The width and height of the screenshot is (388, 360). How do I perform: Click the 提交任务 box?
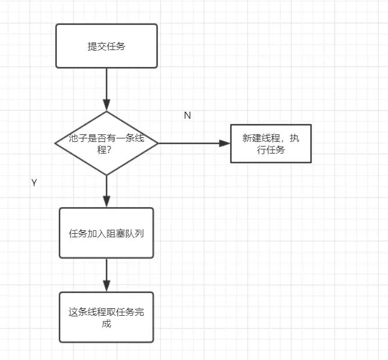pos(106,46)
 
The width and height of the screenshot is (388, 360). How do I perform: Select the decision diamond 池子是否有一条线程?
pos(106,143)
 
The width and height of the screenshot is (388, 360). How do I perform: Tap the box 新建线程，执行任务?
pos(271,144)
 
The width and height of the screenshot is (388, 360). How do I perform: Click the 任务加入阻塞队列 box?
pos(106,233)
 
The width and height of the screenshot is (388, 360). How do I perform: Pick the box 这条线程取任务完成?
pos(106,317)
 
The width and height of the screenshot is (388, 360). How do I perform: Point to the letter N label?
pos(187,115)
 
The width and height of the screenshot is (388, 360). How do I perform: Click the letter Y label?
pos(34,183)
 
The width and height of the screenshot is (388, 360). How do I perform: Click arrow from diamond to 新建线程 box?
pos(192,143)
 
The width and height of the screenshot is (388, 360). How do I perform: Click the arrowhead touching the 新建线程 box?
pos(225,143)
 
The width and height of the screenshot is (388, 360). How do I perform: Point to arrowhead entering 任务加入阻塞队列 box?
pos(106,202)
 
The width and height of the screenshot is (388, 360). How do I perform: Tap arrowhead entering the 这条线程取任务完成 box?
pos(106,287)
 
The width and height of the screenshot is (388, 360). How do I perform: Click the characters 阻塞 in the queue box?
pos(120,233)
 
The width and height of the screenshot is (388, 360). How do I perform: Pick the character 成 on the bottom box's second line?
pos(106,323)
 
